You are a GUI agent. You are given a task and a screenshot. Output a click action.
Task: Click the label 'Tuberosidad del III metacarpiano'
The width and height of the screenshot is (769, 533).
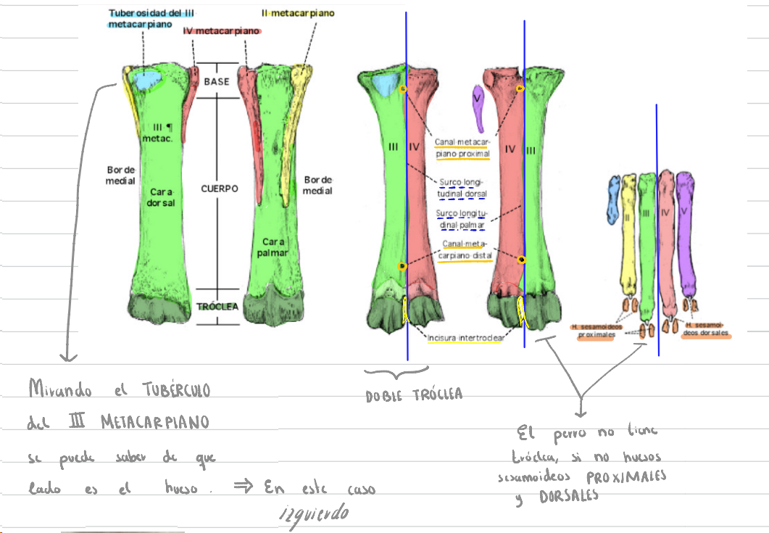[151, 19]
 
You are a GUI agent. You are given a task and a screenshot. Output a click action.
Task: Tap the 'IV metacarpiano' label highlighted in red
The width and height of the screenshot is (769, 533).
[222, 31]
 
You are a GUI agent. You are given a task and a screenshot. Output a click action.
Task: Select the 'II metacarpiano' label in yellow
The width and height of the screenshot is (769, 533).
[298, 13]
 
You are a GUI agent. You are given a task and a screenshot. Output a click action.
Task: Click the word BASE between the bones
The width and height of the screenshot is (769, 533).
[216, 82]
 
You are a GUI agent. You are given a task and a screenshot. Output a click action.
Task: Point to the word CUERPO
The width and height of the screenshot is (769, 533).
[220, 189]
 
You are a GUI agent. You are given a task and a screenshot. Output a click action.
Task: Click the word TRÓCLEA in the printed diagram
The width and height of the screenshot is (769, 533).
[217, 307]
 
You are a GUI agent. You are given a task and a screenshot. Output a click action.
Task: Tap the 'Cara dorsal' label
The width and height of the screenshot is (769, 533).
[162, 197]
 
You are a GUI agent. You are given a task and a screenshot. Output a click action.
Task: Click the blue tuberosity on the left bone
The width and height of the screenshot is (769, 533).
[148, 79]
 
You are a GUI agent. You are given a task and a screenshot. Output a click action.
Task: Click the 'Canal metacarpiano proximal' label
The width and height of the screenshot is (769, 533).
[462, 148]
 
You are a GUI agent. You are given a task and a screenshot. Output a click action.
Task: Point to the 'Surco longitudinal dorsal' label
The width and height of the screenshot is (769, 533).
[462, 188]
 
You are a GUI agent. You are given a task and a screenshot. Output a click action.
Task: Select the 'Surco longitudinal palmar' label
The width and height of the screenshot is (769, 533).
[462, 219]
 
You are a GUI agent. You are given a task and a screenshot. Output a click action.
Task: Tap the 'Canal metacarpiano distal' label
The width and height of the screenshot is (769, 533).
[463, 250]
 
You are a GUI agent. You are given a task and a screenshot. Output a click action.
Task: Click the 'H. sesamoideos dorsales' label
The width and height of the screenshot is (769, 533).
[705, 330]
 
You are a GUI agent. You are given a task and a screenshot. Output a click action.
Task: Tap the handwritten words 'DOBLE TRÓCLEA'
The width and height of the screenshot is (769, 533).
[414, 395]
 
